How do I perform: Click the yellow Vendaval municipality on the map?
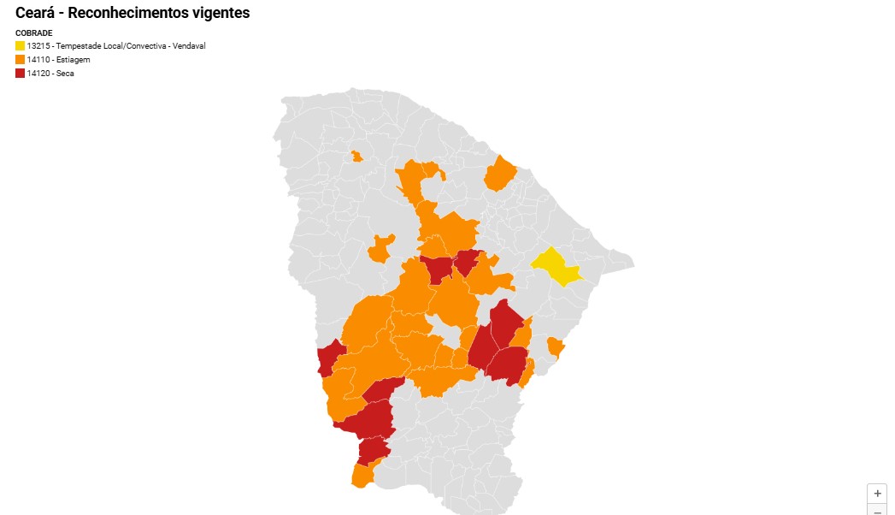556,266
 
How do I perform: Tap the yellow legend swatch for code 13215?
20,45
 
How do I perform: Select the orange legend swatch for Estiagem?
20,60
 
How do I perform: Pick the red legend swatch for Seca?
20,74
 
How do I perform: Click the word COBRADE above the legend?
33,33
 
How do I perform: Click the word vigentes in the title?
217,14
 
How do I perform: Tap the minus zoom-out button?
877,511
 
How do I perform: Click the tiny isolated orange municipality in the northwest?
356,157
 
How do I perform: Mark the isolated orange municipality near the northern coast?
500,174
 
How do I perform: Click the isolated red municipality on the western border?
327,358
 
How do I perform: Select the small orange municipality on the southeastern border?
556,346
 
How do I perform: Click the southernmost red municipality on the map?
373,449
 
